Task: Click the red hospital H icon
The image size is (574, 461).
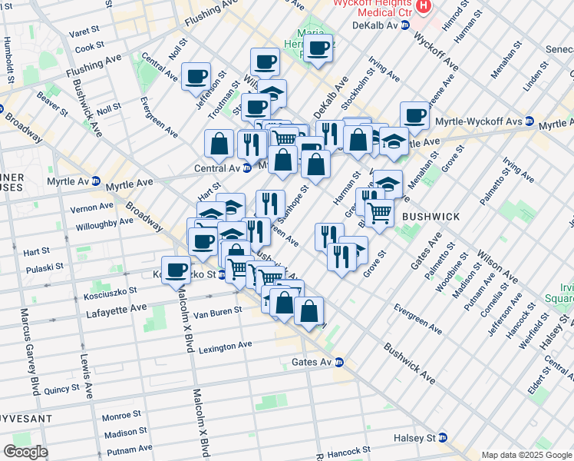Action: pos(423,6)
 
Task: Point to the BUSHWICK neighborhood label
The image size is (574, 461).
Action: pos(431,217)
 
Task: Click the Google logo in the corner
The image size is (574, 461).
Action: pos(25,452)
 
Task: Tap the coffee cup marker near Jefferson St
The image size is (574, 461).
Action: pos(196,76)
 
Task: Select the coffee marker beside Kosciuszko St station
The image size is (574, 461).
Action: pos(176,270)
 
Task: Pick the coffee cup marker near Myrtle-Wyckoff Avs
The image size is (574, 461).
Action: pos(414,115)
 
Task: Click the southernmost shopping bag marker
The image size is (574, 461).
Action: pos(308,310)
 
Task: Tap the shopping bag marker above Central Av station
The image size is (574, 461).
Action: pos(219,143)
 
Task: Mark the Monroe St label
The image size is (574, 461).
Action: pos(122,417)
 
